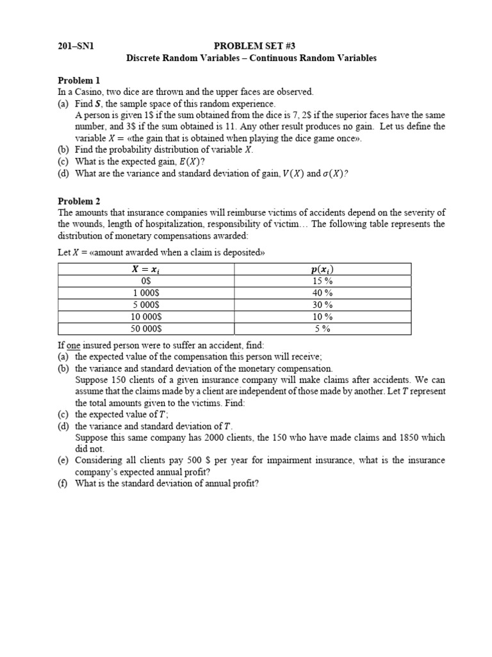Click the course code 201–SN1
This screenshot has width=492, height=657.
click(76, 46)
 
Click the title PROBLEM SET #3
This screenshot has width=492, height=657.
click(250, 46)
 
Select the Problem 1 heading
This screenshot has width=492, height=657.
click(79, 81)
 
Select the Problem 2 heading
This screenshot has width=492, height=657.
click(79, 201)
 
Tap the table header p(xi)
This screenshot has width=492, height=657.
click(322, 269)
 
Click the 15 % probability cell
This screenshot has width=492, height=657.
click(322, 281)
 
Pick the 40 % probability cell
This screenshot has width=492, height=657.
click(322, 293)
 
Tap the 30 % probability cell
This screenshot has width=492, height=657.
click(322, 305)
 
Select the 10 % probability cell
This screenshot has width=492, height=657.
click(322, 317)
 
